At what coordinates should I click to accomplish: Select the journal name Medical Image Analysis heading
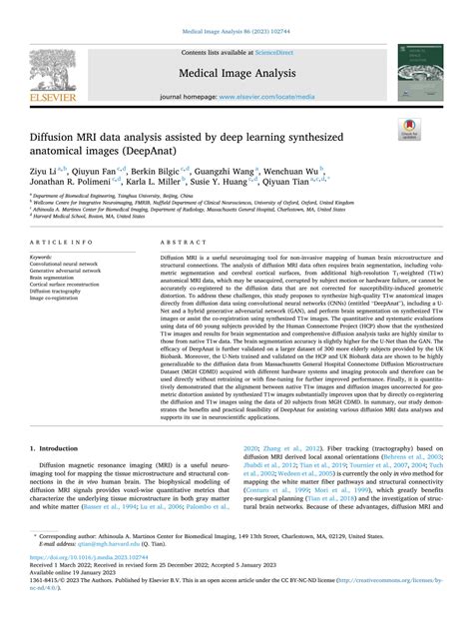[x=236, y=72]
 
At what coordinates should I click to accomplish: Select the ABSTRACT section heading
[x=180, y=243]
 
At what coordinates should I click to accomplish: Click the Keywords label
[x=45, y=256]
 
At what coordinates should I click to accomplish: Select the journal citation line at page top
[x=236, y=31]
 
